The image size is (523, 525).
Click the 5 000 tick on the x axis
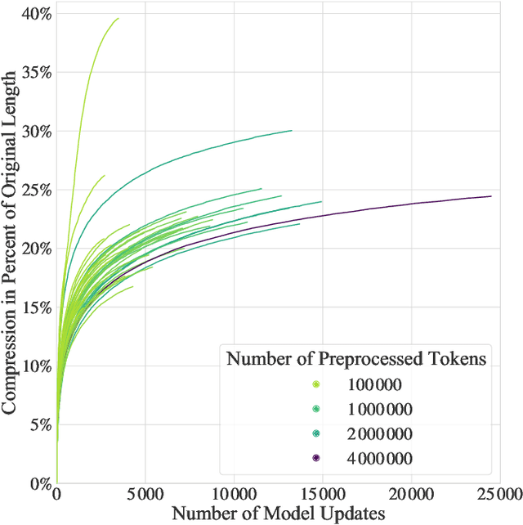point(145,496)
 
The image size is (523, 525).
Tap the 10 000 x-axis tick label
point(233,496)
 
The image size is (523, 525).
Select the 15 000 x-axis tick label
point(322,496)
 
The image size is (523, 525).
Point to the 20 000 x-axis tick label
point(410,496)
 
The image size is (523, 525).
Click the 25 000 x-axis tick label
point(498,496)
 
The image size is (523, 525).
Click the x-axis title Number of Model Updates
point(278,514)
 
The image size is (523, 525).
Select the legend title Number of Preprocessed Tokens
point(357,358)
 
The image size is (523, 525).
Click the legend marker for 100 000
point(315,384)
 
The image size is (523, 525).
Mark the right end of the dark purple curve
point(491,196)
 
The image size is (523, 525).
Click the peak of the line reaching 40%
point(118,18)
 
